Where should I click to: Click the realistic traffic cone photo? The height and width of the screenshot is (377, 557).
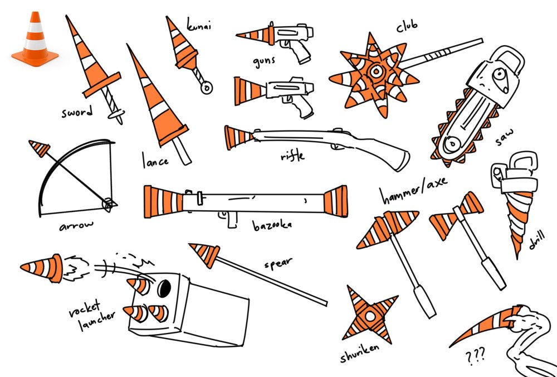click(x=35, y=39)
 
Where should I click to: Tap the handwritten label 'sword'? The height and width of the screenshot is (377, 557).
click(x=77, y=112)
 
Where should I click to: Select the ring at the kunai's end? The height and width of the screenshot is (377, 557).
click(x=207, y=87)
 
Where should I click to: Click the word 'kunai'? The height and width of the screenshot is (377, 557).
click(x=199, y=25)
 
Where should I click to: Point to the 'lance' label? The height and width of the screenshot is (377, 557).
click(x=155, y=161)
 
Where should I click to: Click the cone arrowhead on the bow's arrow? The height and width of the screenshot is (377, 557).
click(x=40, y=148)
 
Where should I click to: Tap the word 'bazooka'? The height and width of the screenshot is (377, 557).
click(x=272, y=225)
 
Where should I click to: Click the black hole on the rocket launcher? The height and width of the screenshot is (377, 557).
click(x=164, y=289)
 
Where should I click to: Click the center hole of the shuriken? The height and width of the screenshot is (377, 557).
click(x=370, y=316)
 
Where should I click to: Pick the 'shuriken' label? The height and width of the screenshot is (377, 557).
click(x=359, y=353)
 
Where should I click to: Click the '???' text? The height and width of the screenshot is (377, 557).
click(x=475, y=357)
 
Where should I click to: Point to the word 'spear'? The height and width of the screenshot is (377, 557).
click(x=278, y=264)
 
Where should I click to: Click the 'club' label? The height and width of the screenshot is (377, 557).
click(x=407, y=26)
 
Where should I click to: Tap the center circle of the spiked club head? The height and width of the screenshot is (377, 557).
click(x=375, y=71)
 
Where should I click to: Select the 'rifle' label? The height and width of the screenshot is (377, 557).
click(x=292, y=156)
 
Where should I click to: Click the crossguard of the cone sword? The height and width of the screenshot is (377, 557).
click(x=102, y=85)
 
